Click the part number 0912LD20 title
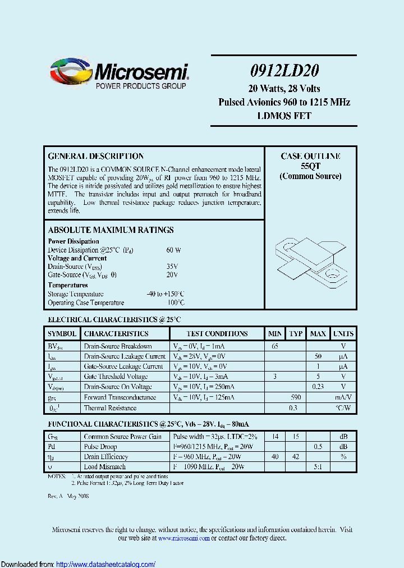tap(284, 70)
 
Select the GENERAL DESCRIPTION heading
tap(96, 157)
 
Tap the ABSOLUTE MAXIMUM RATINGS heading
tap(111, 230)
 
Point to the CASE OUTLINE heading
tap(310, 157)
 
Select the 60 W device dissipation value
tap(173, 250)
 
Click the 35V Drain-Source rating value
tap(172, 267)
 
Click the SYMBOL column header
tap(62, 334)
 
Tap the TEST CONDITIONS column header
tap(217, 334)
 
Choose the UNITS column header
tap(343, 334)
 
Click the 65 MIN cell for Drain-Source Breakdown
tap(275, 346)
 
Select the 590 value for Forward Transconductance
tap(296, 397)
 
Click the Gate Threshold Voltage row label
tap(116, 377)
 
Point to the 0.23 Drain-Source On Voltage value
tap(318, 387)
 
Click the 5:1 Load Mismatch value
tap(318, 467)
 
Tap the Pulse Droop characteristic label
tap(100, 447)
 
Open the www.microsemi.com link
tap(184, 538)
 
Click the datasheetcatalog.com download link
tap(106, 564)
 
